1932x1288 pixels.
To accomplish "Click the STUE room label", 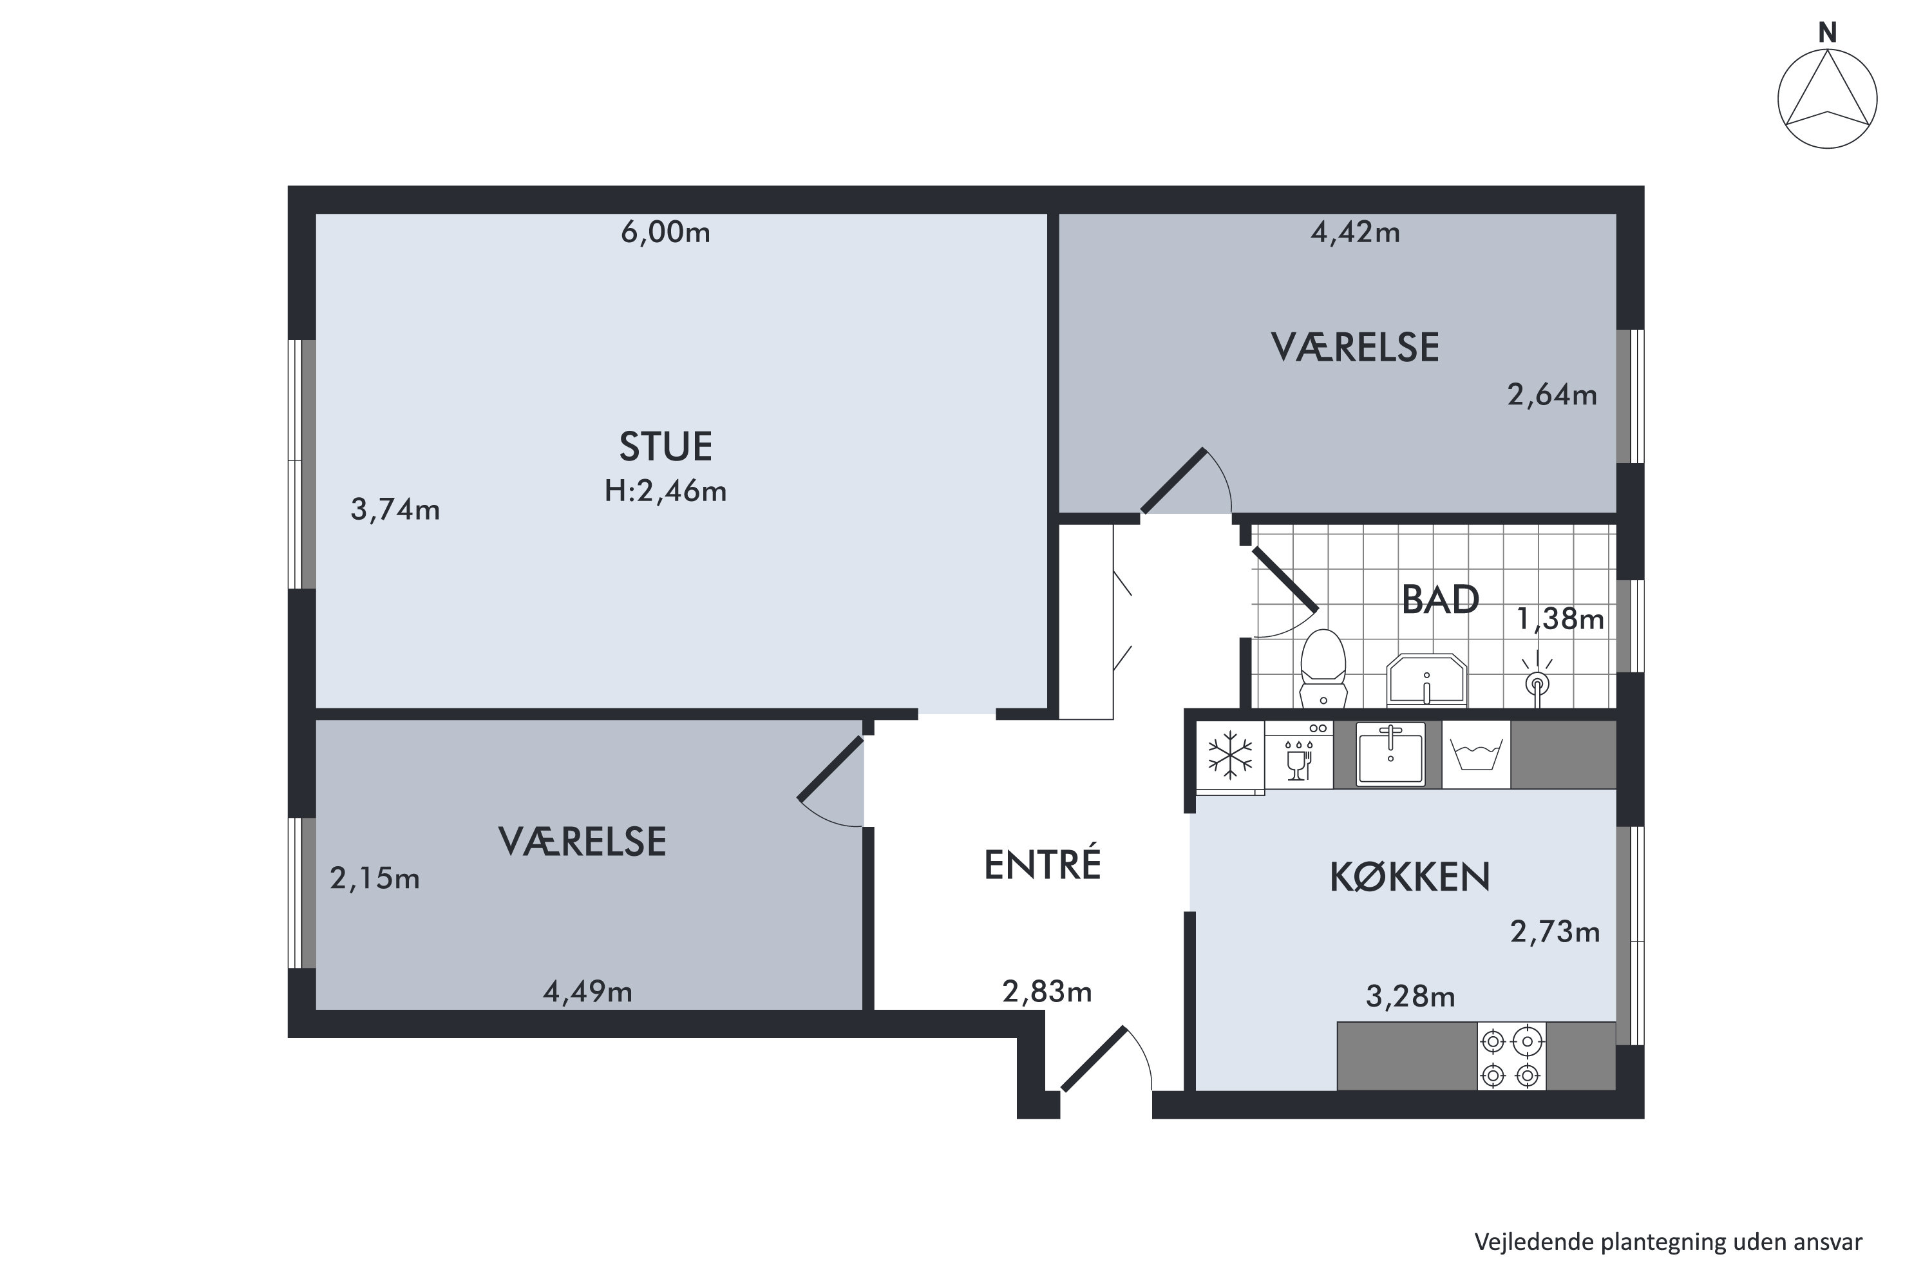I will tap(665, 447).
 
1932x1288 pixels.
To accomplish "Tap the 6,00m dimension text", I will tap(665, 233).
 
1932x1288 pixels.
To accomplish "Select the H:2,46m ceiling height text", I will tap(665, 491).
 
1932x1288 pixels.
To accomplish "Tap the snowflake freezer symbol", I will tap(1229, 755).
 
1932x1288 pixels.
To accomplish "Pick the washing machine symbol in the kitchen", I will tap(1476, 755).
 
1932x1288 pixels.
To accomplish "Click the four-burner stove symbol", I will tap(1511, 1056).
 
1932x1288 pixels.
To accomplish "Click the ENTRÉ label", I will tap(1041, 865).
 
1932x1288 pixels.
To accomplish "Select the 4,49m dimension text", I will tap(587, 992).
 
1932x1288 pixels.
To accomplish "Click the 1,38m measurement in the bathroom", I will tap(1559, 618).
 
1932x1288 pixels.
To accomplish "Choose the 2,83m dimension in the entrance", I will tap(1046, 992).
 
